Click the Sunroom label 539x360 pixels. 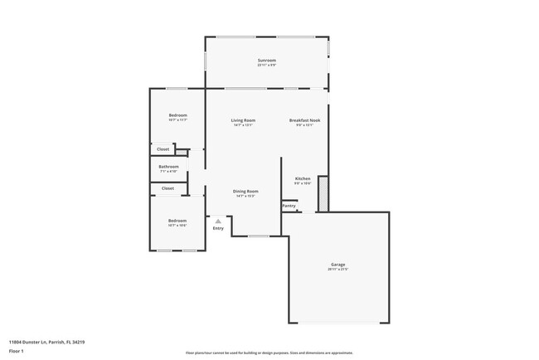tap(266, 61)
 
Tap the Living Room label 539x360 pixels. tap(243, 120)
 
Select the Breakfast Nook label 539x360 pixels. tap(304, 120)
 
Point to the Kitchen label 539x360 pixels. tap(303, 179)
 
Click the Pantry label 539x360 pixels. tap(289, 205)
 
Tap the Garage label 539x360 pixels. tap(337, 265)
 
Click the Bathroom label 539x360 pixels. tap(169, 166)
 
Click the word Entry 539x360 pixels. tap(218, 228)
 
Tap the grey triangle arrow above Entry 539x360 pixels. tap(218, 221)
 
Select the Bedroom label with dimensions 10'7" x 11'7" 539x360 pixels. tap(177, 114)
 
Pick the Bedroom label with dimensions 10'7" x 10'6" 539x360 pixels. tap(177, 221)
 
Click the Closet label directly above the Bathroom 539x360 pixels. tap(163, 149)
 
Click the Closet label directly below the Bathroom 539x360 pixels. tap(168, 188)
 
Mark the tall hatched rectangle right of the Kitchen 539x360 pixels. tap(323, 192)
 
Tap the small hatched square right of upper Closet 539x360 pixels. tap(181, 153)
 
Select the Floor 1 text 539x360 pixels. tap(17, 351)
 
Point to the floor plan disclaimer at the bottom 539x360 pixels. tap(269, 353)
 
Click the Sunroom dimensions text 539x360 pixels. tap(266, 66)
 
